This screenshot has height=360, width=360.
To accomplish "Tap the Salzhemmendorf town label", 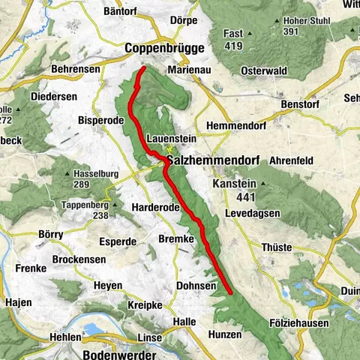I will pos(211,160).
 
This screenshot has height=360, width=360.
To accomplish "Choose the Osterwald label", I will pos(260,70).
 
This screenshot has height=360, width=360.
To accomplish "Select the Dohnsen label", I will pos(196,286).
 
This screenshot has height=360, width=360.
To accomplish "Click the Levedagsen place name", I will pos(253,214).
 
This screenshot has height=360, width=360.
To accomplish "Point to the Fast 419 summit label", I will pos(233,40).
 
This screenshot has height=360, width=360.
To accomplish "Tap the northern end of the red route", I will pos(143,70).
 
